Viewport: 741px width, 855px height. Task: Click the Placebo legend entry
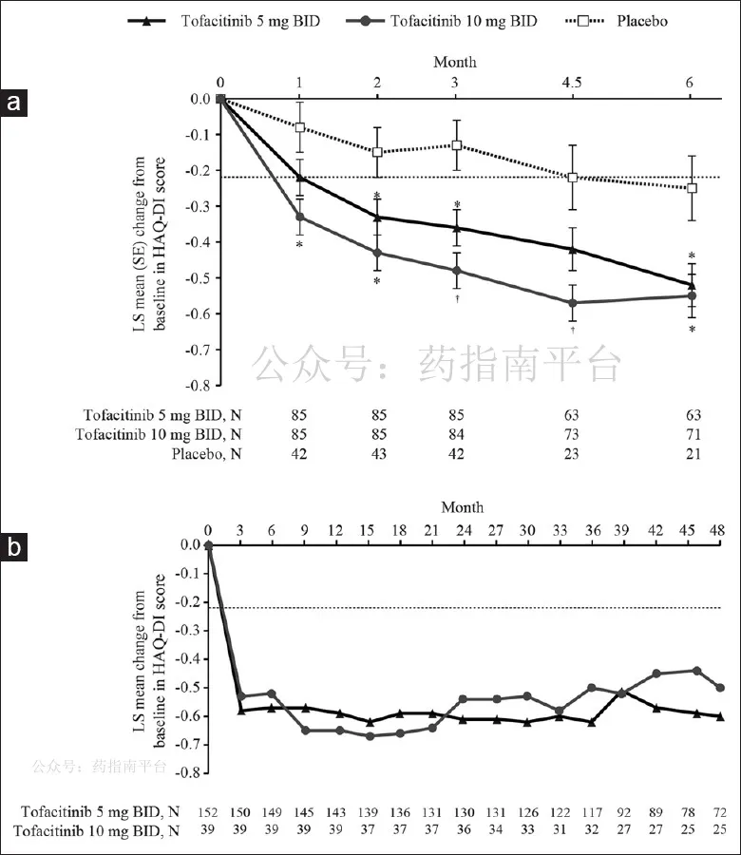click(x=617, y=21)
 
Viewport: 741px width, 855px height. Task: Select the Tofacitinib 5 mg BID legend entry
click(x=223, y=21)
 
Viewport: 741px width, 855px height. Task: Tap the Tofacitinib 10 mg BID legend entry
click(x=442, y=21)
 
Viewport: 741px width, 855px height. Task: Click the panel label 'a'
click(x=13, y=102)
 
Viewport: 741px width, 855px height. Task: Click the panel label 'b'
click(x=13, y=547)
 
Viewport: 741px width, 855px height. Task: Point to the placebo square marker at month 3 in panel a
click(x=456, y=145)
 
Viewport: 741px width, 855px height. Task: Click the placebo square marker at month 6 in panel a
click(x=692, y=188)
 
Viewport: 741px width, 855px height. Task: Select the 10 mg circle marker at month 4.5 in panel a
click(x=572, y=303)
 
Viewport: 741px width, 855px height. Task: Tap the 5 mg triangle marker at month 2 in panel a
click(x=377, y=217)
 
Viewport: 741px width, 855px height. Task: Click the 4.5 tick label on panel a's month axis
click(x=572, y=83)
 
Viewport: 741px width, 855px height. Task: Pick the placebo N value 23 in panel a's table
click(x=572, y=454)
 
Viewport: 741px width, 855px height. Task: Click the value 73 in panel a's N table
click(x=572, y=434)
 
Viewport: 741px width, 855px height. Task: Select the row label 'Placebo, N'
click(x=207, y=454)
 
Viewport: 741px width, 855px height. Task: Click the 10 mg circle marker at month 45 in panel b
click(x=696, y=670)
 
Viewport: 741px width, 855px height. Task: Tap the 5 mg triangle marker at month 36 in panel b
click(x=592, y=722)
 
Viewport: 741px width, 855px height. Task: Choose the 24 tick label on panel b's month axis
click(x=464, y=530)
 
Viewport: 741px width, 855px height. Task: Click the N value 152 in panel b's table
click(x=208, y=812)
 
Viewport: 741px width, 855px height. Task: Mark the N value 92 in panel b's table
click(x=624, y=812)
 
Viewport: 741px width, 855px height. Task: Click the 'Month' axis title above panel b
click(x=463, y=507)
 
